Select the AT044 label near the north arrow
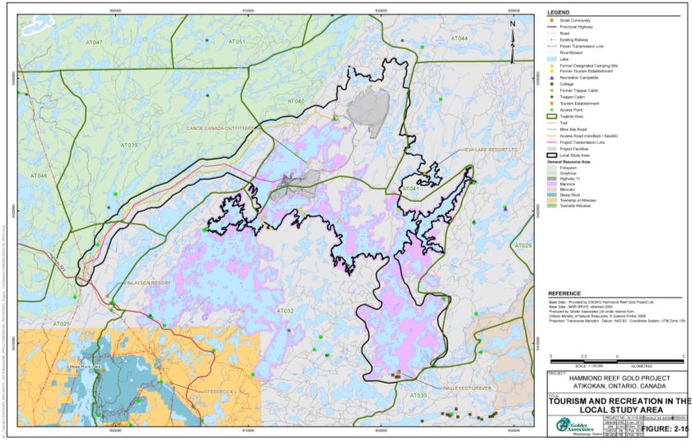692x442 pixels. coord(458,39)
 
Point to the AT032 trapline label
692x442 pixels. coord(285,311)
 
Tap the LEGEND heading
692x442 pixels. coord(559,13)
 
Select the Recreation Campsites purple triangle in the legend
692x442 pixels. coord(554,77)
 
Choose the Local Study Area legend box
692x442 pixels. coord(554,154)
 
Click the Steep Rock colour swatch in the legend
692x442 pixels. coord(554,194)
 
